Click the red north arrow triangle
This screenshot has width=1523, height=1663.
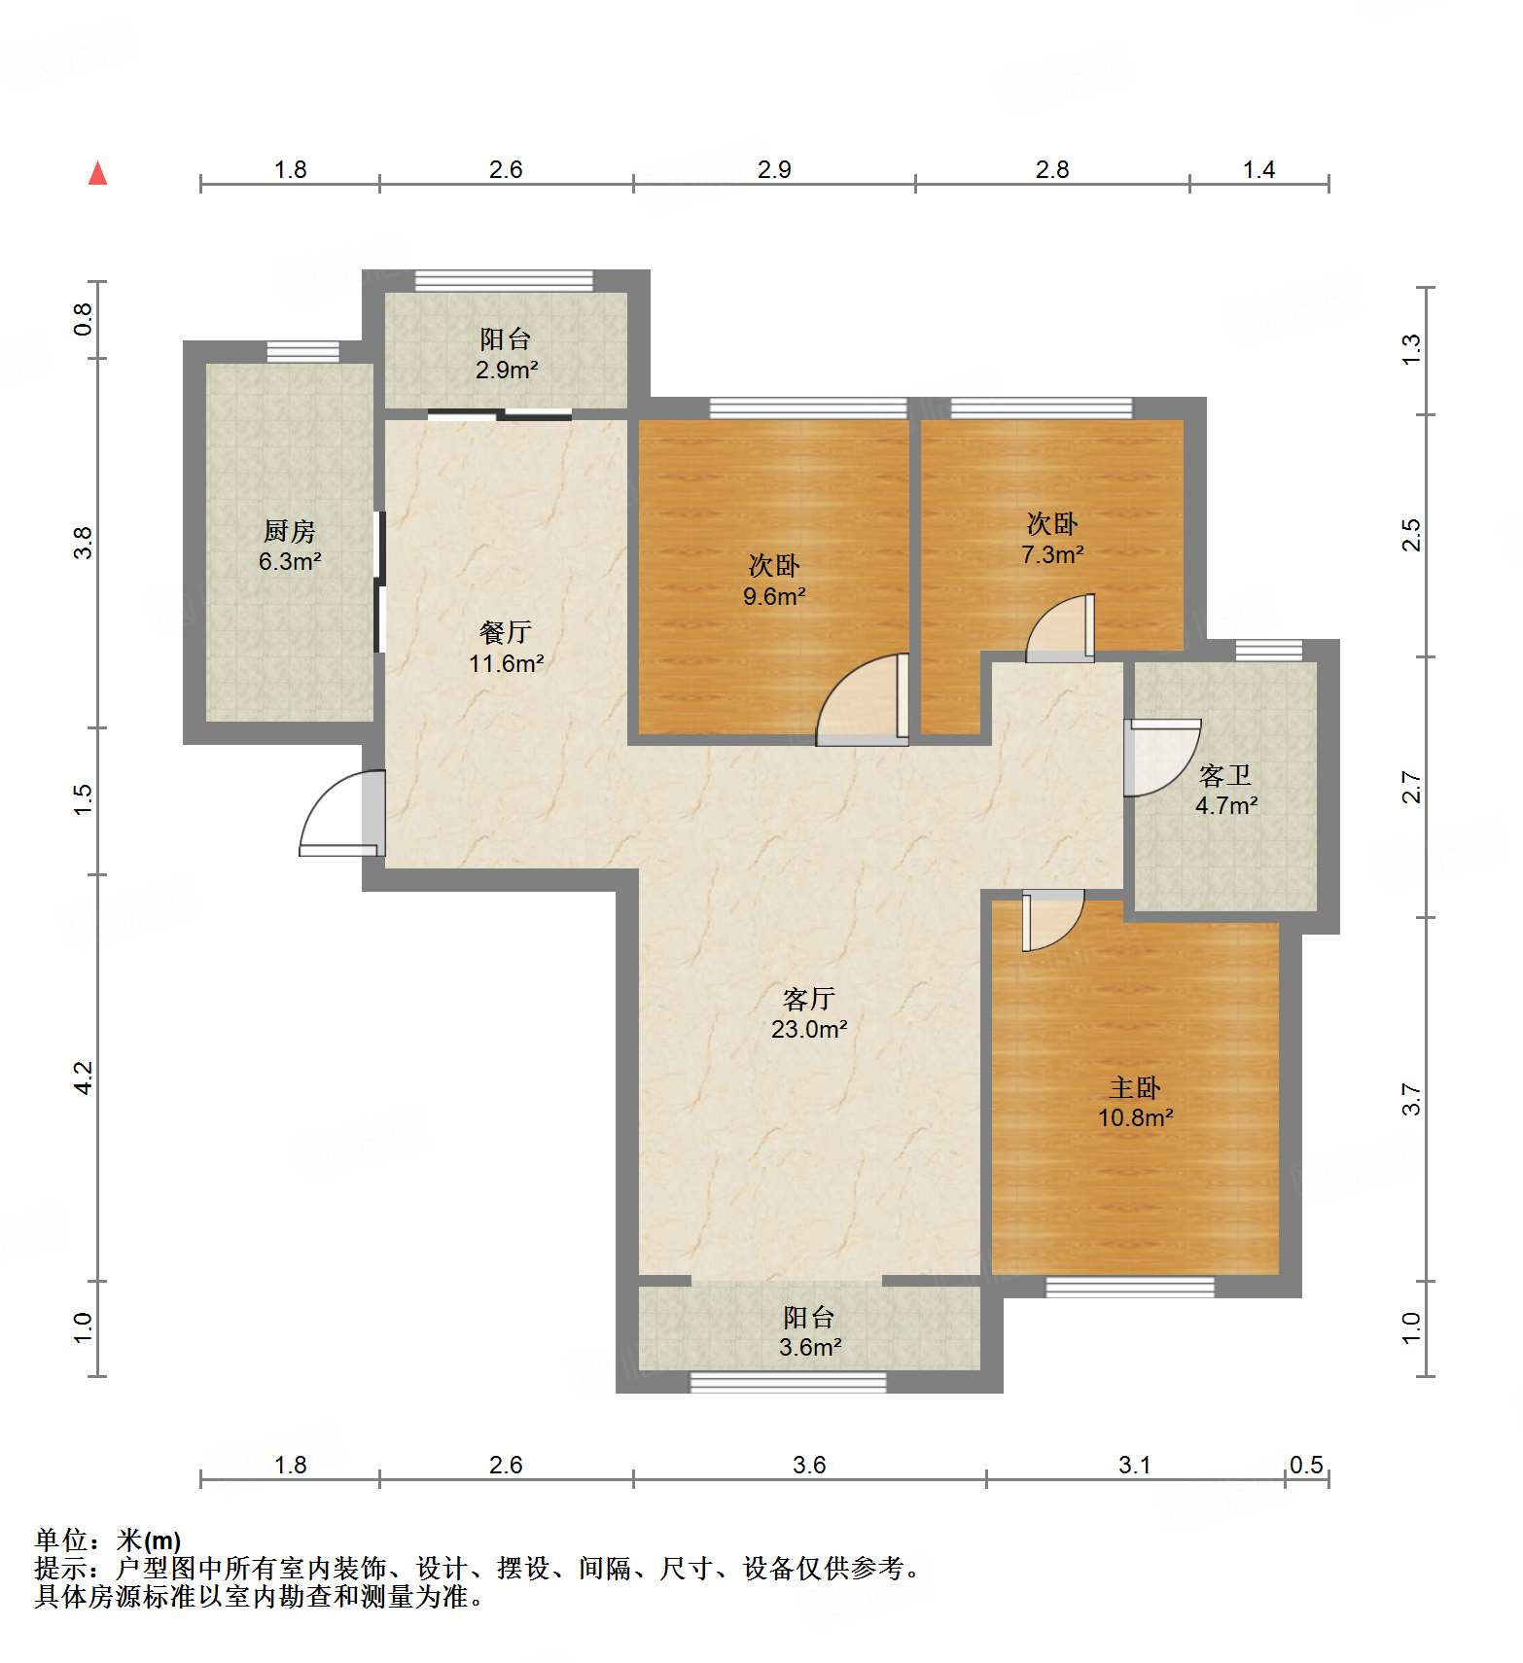(x=97, y=174)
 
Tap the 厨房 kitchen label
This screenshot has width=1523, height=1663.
(x=290, y=531)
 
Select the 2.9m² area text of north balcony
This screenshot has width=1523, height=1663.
(x=507, y=370)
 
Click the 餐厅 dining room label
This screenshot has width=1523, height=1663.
(x=506, y=632)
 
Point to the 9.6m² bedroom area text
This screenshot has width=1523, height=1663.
(x=774, y=595)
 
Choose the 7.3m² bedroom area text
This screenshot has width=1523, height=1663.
(x=1052, y=554)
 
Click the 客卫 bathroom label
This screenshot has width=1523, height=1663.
(x=1224, y=775)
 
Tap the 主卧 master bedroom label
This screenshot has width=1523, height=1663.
(x=1135, y=1087)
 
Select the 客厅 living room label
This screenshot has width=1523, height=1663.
(x=809, y=999)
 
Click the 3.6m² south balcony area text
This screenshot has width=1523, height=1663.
(x=809, y=1347)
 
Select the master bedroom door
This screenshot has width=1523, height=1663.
(x=1051, y=920)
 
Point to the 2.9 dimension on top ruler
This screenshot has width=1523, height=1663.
(x=774, y=169)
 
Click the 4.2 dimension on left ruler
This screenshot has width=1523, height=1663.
(x=84, y=1078)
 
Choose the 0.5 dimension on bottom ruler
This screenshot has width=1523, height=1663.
(x=1306, y=1464)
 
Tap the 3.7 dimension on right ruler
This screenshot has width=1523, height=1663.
(x=1411, y=1099)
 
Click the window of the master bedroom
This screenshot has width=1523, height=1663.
(x=1130, y=1287)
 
